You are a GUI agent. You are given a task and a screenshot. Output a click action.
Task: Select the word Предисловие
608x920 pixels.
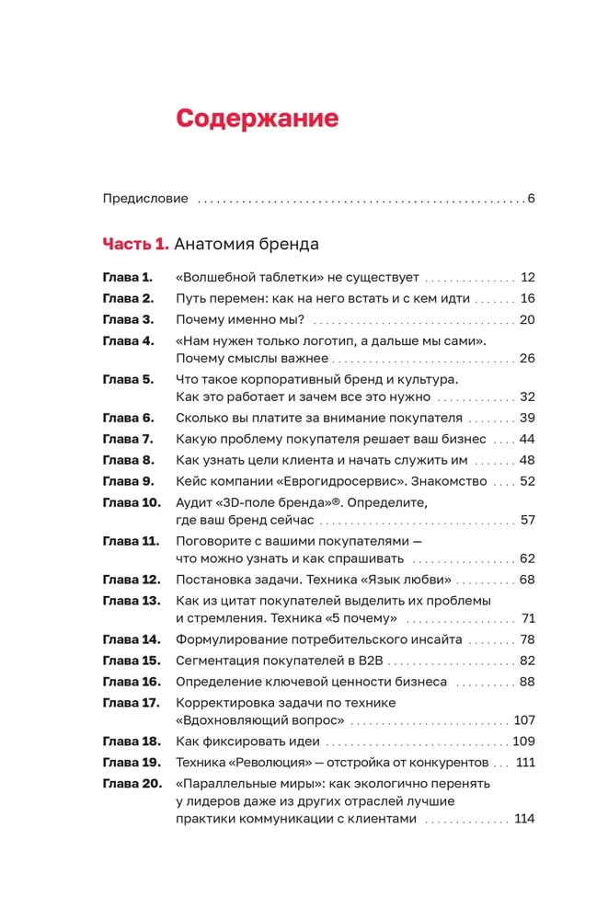[x=144, y=198]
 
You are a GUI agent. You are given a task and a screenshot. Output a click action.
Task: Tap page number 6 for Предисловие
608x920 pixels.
[x=532, y=198]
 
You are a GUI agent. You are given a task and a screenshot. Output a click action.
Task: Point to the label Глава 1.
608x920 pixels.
[x=126, y=277]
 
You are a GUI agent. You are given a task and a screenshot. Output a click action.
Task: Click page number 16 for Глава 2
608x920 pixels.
[x=527, y=298]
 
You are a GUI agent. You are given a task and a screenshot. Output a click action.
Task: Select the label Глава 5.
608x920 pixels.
[x=127, y=379]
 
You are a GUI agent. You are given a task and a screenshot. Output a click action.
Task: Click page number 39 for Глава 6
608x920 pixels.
[x=526, y=418]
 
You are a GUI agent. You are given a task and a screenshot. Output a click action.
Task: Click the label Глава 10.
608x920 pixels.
[x=131, y=502]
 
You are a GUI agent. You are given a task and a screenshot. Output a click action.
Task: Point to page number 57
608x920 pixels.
[x=527, y=520]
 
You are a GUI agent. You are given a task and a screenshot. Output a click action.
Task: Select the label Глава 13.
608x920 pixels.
[x=131, y=600]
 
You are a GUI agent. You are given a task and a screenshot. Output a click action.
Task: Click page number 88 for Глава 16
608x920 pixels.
[x=526, y=682]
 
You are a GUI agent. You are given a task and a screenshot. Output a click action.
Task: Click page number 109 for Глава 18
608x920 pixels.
[x=522, y=742]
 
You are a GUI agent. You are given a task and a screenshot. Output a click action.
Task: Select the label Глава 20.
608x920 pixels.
[x=131, y=784]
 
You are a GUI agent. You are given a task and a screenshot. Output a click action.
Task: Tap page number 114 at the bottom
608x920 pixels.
[x=524, y=819]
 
